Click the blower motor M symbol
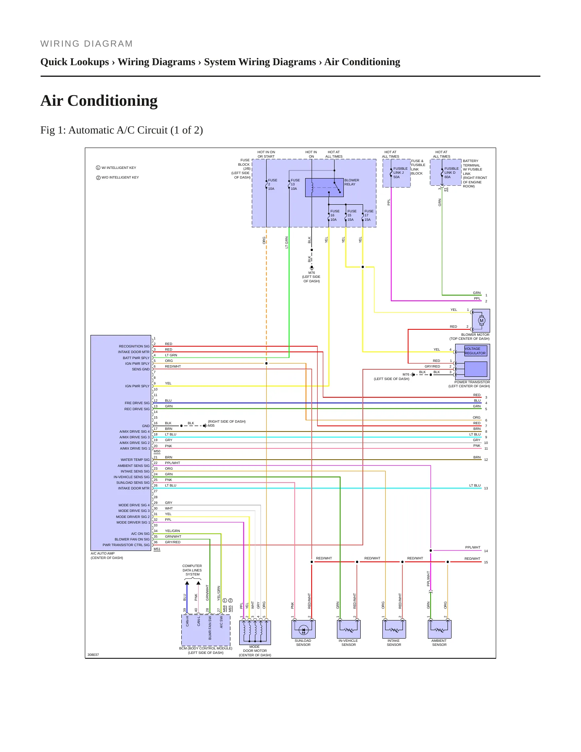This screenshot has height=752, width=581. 482,321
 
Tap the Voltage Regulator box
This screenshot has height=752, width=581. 475,351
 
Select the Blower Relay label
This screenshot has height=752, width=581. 351,182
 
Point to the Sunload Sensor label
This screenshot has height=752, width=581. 303,643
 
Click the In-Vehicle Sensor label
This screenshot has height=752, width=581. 348,643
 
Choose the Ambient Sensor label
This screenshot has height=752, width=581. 439,643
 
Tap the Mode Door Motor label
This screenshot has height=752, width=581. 255,651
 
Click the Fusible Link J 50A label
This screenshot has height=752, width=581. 400,173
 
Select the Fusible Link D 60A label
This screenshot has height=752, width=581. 451,173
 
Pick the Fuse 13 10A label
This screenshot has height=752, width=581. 295,185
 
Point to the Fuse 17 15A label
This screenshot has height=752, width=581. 369,216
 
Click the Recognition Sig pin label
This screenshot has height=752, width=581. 134,346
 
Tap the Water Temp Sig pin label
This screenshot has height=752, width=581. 135,460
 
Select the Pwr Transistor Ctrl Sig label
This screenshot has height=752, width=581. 126,545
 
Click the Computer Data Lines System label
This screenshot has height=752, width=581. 192,570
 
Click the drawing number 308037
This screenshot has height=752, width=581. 93,655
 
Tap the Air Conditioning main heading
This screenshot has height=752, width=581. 99,101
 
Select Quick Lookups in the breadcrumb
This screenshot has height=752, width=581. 75,62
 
